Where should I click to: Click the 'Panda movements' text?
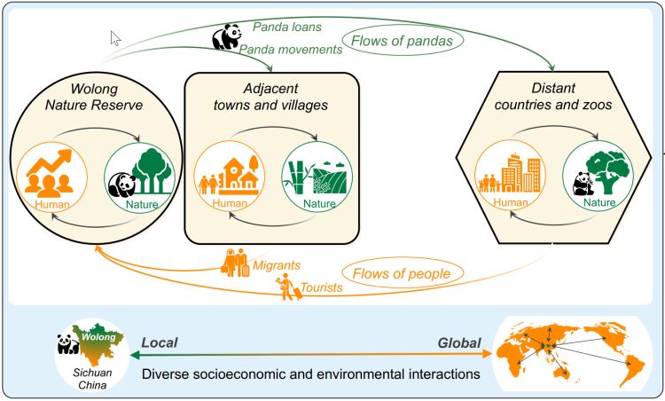pyautogui.click(x=298, y=51)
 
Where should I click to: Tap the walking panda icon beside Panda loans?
pyautogui.click(x=228, y=36)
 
